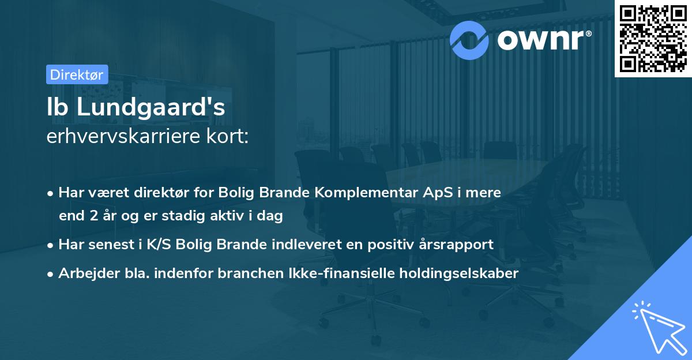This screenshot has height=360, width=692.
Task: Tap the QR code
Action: [x=652, y=39]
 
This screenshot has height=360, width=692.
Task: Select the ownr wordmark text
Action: [x=542, y=39]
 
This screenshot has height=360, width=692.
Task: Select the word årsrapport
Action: [x=458, y=244]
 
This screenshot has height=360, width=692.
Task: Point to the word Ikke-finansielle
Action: [x=344, y=273]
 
